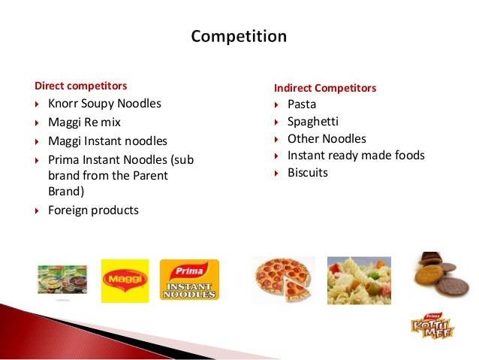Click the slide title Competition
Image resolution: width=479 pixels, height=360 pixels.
point(239,36)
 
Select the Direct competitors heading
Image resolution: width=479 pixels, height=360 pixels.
point(81,86)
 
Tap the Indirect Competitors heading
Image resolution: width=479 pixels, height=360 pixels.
point(324,89)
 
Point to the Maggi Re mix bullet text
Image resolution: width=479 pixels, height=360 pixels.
point(84,122)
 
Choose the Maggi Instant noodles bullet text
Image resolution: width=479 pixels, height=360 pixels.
point(107,141)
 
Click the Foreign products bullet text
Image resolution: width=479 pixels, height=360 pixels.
point(93,210)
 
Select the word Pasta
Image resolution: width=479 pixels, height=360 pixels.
point(302,104)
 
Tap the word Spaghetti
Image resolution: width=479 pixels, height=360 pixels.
point(312,122)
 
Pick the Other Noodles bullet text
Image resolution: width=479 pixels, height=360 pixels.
point(327,139)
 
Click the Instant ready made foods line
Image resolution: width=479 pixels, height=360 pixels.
point(356,156)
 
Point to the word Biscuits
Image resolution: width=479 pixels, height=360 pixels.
point(308,173)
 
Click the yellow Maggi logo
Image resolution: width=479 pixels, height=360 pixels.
point(124,280)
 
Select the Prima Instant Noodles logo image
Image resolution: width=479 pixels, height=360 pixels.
point(189,280)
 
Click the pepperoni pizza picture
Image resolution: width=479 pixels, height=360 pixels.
point(282,278)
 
